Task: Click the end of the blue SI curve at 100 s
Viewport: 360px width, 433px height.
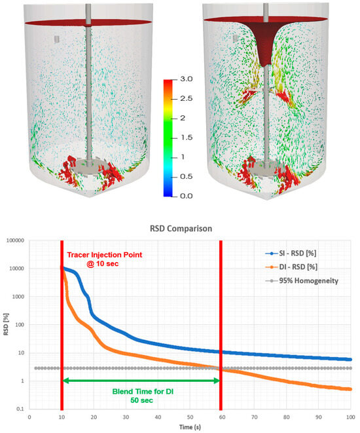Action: (350, 360)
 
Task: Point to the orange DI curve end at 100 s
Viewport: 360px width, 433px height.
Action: (350, 389)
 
